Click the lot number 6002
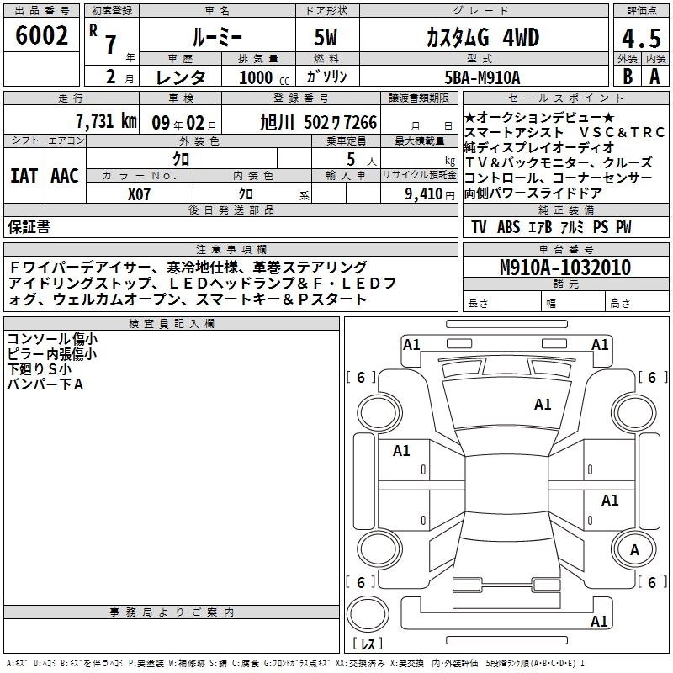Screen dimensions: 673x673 [x=41, y=35]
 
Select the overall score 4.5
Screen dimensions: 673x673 [x=641, y=38]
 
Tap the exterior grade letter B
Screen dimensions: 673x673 [x=628, y=77]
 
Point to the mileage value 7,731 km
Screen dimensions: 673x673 [x=107, y=121]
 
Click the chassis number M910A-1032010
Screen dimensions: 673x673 [x=565, y=268]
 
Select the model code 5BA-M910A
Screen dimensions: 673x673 [x=482, y=77]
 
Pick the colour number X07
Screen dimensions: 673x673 [x=139, y=194]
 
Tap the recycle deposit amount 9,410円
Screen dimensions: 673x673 [x=430, y=194]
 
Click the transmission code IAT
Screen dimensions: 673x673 [x=24, y=176]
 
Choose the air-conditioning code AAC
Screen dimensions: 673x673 [x=65, y=176]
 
